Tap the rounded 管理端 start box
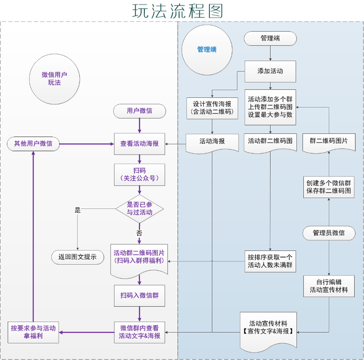pos(270,38)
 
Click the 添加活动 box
pos(270,71)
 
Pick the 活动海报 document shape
pos(212,142)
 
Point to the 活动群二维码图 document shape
pos(270,142)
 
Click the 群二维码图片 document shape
pos(329,142)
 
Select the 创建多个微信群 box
pos(329,187)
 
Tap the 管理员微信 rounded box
pos(329,233)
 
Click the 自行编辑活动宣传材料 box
pos(329,285)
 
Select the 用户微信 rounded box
pos(140,110)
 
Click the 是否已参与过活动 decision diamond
pos(140,209)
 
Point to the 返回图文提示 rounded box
pos(77,256)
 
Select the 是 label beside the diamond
pos(77,210)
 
